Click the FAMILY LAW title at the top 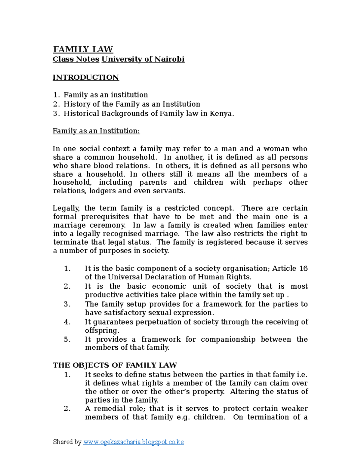coord(83,49)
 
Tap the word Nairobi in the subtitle coord(169,59)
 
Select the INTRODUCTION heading coord(86,77)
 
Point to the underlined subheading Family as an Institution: coord(96,131)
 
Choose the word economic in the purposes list coord(169,286)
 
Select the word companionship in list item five coord(228,339)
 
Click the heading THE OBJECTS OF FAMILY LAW coord(115,365)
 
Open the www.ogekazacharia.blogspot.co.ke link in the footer coord(133,442)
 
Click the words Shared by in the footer coord(67,442)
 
